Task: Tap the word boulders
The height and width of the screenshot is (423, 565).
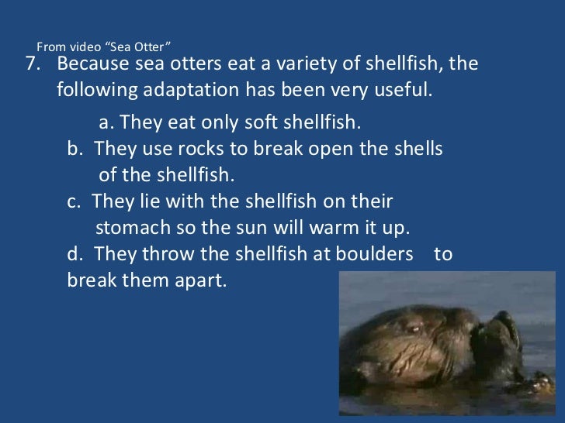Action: [x=379, y=254]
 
